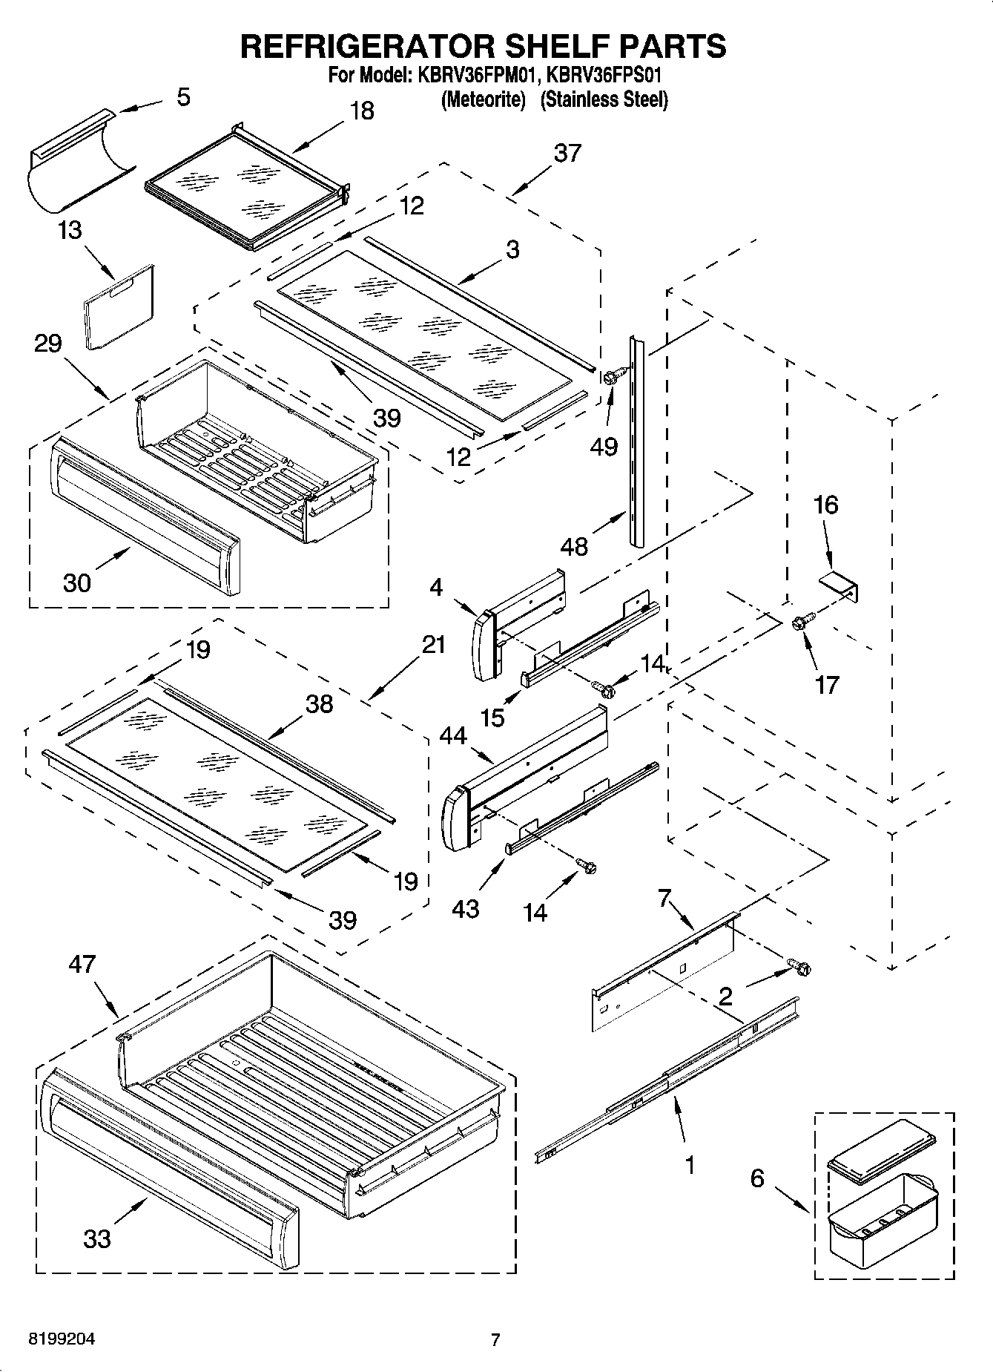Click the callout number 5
(183, 97)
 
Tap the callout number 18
(361, 111)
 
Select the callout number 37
(567, 153)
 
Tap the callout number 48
(575, 547)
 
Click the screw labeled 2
(800, 967)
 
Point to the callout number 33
(97, 1238)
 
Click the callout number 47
(82, 965)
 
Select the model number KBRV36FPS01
(604, 76)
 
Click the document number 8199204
(62, 1339)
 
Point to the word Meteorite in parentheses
(483, 99)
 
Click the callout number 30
(77, 582)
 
